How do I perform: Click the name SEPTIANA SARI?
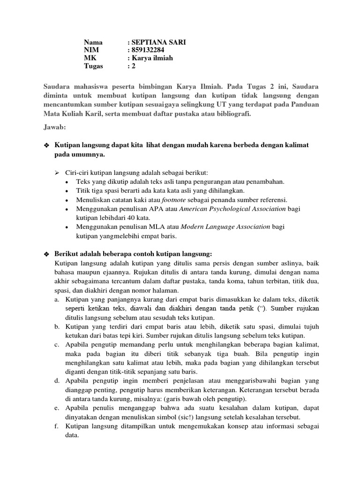tap(157, 42)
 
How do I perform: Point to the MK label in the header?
tap(90, 58)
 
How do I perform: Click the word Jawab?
tap(55, 127)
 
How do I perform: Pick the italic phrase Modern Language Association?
tap(225, 226)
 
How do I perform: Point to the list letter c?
tap(57, 345)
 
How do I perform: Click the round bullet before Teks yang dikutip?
tap(68, 182)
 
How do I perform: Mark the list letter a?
tap(57, 299)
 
